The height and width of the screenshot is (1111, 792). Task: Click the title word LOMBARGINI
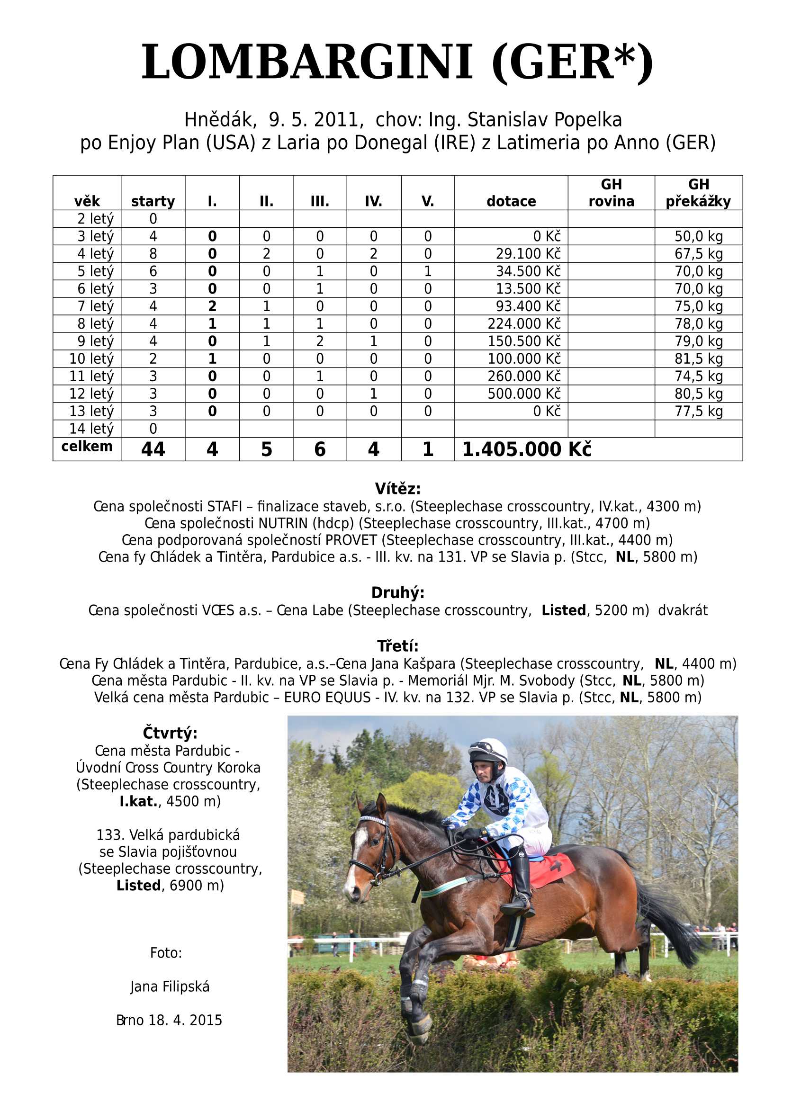pyautogui.click(x=307, y=62)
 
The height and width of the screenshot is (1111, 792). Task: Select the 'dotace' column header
pyautogui.click(x=511, y=201)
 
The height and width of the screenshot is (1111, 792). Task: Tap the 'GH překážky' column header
pyautogui.click(x=698, y=193)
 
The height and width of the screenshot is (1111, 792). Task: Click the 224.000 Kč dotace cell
pyautogui.click(x=524, y=324)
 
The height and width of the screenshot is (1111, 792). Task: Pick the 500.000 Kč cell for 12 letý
pyautogui.click(x=524, y=394)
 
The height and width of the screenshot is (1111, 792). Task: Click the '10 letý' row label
pyautogui.click(x=91, y=359)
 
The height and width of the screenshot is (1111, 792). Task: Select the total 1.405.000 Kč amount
pyautogui.click(x=526, y=449)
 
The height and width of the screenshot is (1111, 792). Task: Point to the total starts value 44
pyautogui.click(x=153, y=449)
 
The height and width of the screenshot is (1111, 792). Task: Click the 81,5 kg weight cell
pyautogui.click(x=698, y=359)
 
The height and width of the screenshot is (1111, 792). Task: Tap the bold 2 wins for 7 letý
pyautogui.click(x=212, y=306)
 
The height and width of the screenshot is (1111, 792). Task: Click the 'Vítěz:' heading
pyautogui.click(x=397, y=488)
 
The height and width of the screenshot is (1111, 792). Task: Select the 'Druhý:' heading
pyautogui.click(x=397, y=592)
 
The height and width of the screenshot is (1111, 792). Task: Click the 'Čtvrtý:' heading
pyautogui.click(x=170, y=733)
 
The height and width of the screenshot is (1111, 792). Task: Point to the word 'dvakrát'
pyautogui.click(x=682, y=610)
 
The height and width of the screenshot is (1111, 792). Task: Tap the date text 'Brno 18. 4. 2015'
pyautogui.click(x=169, y=1020)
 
